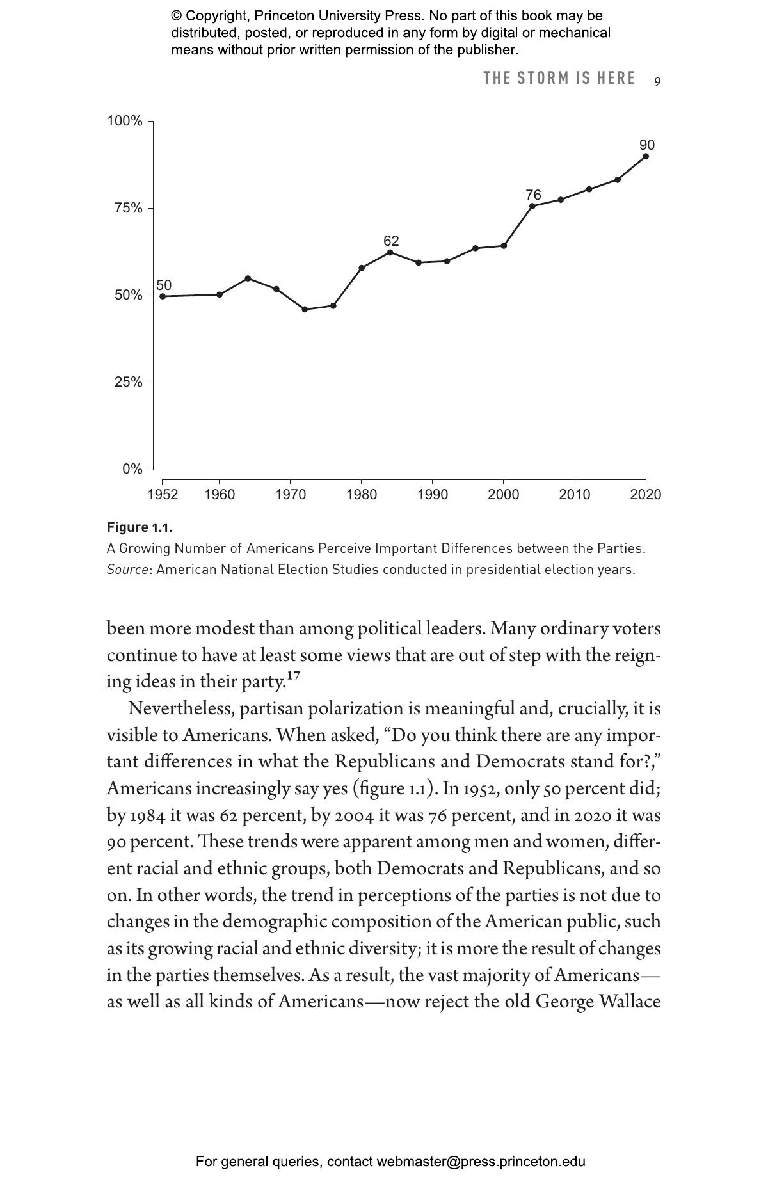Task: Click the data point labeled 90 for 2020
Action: [645, 156]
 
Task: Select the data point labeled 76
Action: [532, 206]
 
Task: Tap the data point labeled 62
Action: [390, 252]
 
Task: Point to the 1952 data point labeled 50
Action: [163, 296]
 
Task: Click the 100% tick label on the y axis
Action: [125, 121]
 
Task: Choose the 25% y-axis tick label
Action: [128, 382]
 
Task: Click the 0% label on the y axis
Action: [132, 469]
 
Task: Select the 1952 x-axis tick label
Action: [163, 495]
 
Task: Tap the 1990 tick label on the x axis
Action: [433, 495]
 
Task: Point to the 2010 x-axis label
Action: [575, 495]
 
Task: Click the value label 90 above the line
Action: [646, 145]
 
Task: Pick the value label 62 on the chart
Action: [391, 241]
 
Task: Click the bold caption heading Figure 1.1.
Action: [140, 527]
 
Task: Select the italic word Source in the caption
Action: [127, 570]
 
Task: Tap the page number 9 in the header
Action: [657, 81]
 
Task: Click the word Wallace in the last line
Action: [628, 1001]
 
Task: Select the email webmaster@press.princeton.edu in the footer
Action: [481, 1162]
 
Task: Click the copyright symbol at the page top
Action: [176, 16]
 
